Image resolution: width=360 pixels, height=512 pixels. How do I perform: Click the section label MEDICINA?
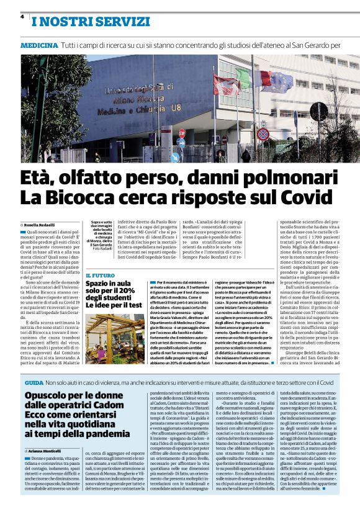39,46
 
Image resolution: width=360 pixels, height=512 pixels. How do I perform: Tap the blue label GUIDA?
34,366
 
